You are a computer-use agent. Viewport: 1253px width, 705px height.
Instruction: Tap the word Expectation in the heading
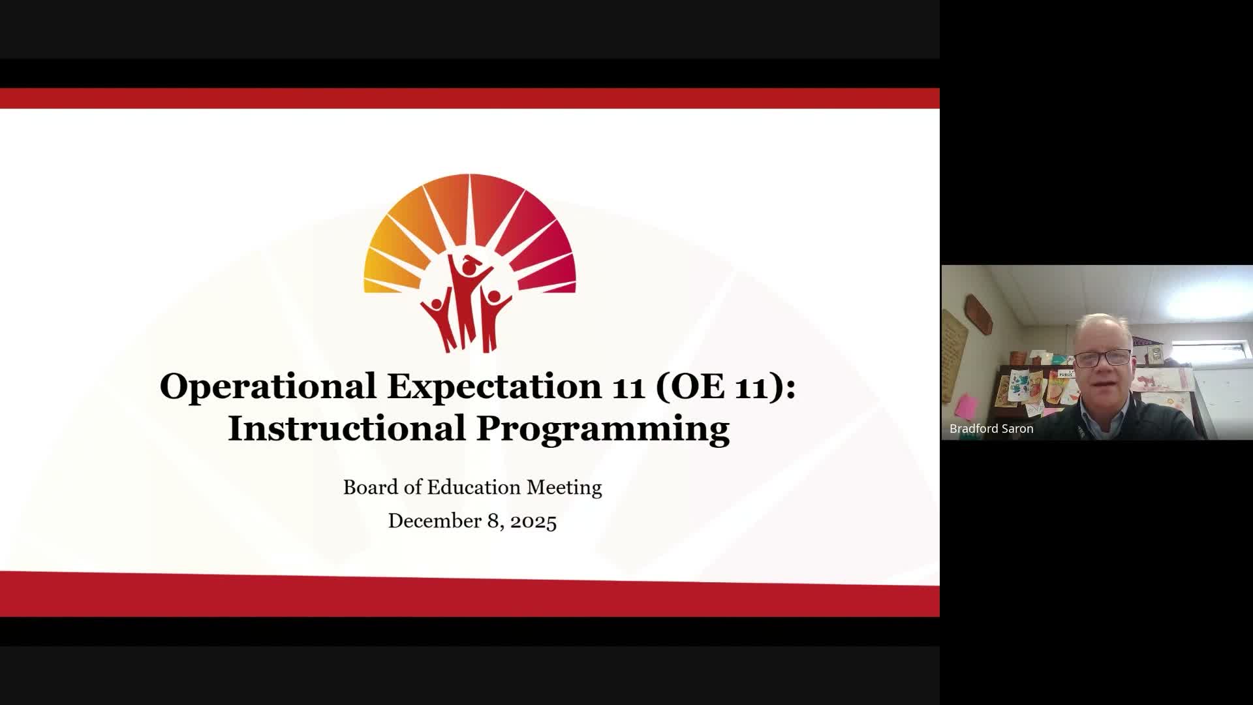(x=494, y=386)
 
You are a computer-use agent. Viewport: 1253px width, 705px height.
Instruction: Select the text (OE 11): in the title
(x=724, y=386)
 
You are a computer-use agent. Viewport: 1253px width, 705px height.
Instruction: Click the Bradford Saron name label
(x=991, y=429)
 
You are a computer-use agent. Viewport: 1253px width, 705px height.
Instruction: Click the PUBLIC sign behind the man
(x=1066, y=374)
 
